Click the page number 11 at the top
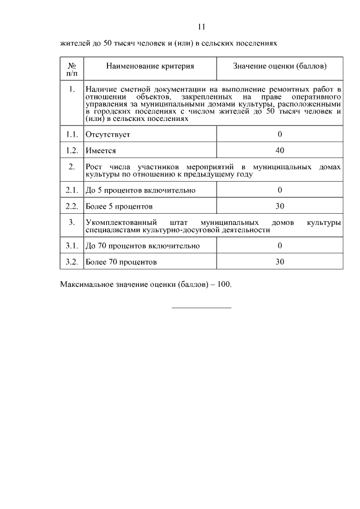202,26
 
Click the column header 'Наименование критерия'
150,66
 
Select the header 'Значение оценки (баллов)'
280,66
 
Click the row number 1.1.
71,134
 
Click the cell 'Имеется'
101,151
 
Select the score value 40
280,150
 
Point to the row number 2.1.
71,190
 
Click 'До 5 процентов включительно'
140,190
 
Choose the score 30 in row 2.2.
280,206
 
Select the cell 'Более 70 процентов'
121,262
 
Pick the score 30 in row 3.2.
280,262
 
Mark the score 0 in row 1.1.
280,134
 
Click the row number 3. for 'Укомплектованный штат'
71,222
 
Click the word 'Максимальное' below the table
85,284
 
